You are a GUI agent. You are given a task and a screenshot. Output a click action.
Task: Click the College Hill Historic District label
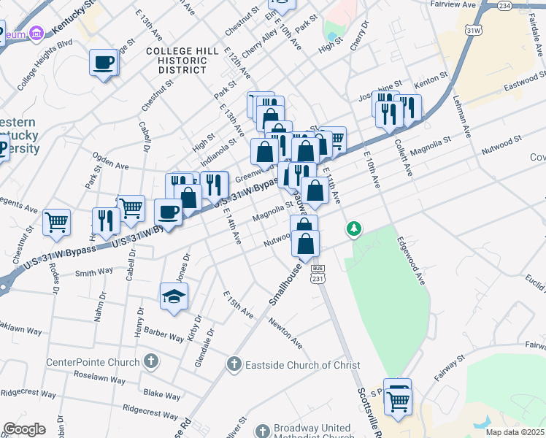coord(177,60)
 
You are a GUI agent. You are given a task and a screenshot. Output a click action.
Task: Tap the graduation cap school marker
coord(174,296)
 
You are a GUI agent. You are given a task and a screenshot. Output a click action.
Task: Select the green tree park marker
coord(354,229)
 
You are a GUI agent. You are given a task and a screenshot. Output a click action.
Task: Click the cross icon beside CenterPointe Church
coord(150,361)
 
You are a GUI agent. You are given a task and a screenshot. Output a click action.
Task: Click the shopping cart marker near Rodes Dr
coord(57,221)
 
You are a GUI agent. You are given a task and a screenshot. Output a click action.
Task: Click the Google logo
coord(24,429)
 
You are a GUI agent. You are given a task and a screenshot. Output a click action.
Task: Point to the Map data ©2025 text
coord(515,432)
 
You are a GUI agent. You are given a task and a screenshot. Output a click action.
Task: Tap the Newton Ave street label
coord(285,332)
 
